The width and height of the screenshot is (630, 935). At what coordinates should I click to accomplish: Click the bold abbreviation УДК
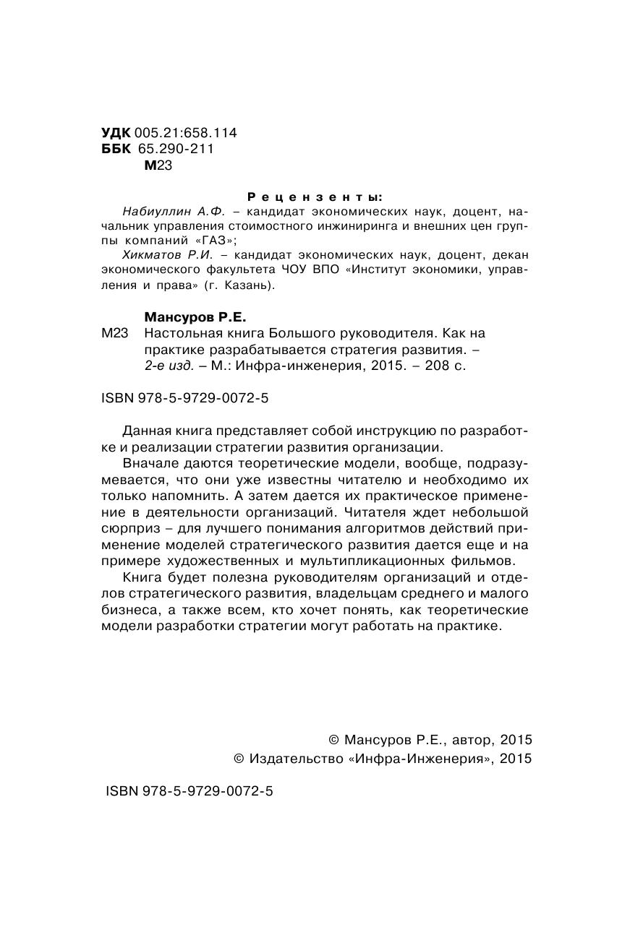pyautogui.click(x=116, y=133)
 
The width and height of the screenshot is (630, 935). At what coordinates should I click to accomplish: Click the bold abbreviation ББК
pyautogui.click(x=116, y=149)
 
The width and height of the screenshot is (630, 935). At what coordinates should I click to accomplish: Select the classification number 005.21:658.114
pyautogui.click(x=186, y=133)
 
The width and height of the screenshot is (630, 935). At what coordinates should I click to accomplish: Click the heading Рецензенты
pyautogui.click(x=315, y=197)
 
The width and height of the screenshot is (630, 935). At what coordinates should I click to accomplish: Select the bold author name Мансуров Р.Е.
pyautogui.click(x=196, y=316)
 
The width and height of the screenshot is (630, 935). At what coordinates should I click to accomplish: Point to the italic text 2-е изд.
pyautogui.click(x=169, y=366)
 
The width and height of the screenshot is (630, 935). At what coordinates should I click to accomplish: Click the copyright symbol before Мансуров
pyautogui.click(x=333, y=740)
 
